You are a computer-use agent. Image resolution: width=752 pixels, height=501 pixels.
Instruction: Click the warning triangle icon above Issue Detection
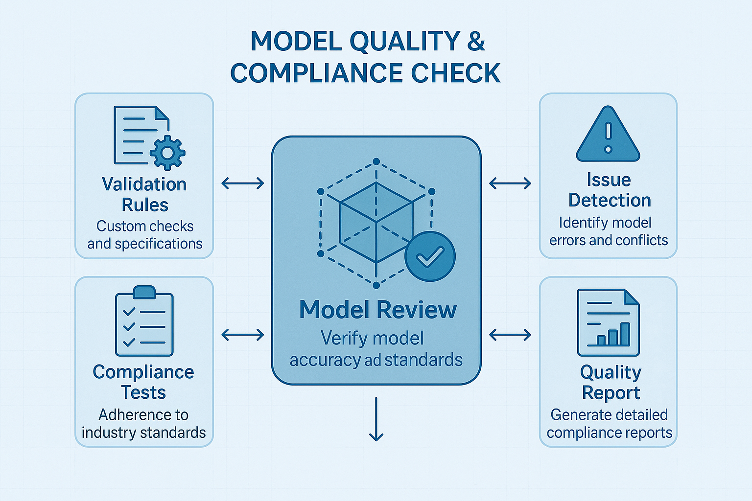608,135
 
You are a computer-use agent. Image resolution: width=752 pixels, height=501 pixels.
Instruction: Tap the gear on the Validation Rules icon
167,152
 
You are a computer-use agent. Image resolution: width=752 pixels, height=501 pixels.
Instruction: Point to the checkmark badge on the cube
430,256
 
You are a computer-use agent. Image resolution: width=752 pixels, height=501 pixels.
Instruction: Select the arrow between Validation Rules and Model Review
243,183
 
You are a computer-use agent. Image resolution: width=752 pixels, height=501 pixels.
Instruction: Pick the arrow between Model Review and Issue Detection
510,183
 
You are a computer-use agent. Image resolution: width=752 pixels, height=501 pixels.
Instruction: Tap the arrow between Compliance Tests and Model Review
243,335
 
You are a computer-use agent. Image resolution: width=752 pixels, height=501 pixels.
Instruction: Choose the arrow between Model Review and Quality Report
510,335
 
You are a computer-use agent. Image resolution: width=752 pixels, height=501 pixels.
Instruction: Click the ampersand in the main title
476,41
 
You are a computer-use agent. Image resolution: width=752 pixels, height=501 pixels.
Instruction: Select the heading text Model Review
378,310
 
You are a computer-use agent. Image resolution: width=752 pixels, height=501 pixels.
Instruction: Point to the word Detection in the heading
610,200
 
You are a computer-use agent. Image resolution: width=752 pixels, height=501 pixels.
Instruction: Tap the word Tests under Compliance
143,392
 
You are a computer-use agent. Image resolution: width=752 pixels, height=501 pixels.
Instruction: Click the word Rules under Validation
145,205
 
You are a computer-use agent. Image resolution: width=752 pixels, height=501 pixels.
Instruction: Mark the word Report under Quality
611,393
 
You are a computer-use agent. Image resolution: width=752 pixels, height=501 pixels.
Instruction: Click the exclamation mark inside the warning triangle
608,137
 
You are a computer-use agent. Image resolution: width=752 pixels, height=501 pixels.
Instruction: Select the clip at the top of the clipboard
144,292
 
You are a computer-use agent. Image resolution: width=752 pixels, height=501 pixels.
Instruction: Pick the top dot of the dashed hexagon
376,161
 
